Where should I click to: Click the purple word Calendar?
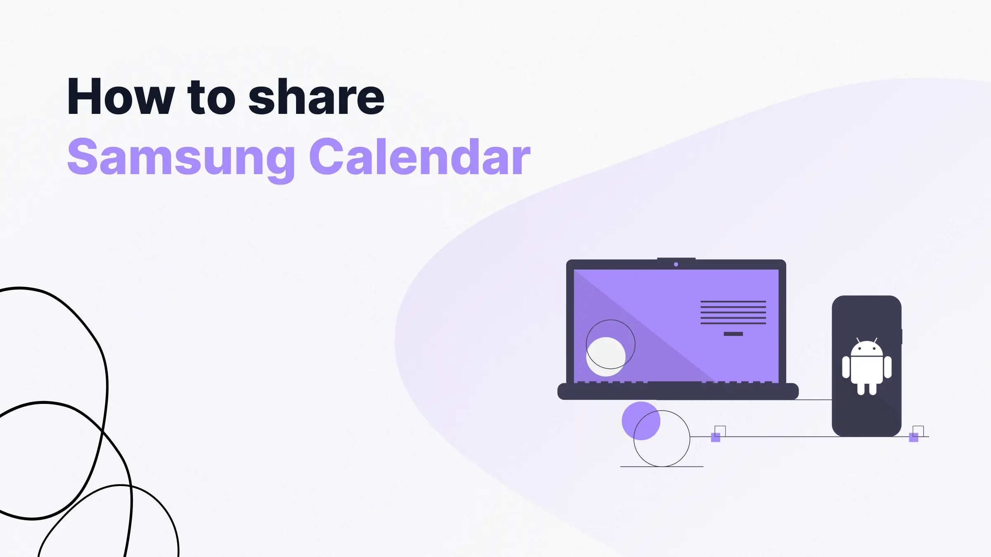(420, 157)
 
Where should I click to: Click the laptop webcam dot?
(676, 264)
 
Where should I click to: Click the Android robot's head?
(867, 349)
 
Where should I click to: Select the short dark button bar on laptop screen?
(733, 334)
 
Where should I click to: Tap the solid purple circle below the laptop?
(641, 420)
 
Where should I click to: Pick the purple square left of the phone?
(716, 437)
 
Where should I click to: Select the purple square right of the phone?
(914, 437)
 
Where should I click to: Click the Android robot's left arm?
(846, 367)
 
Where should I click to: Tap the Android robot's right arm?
(888, 367)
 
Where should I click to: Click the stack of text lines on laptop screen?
(733, 312)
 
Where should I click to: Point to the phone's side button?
(902, 337)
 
